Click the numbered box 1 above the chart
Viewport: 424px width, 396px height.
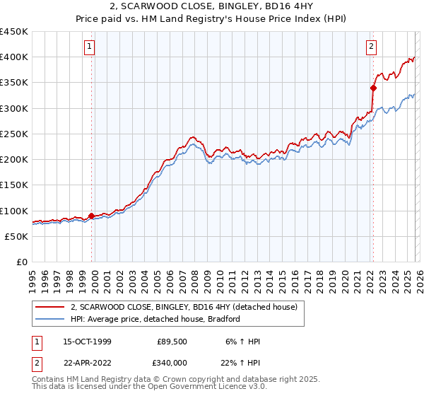(90, 47)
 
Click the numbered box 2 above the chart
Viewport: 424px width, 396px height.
(371, 47)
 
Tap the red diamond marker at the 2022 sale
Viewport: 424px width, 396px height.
(373, 88)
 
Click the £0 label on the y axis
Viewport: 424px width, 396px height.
(22, 262)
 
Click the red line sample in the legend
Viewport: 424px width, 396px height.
(50, 307)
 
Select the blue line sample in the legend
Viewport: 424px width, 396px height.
(50, 319)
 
